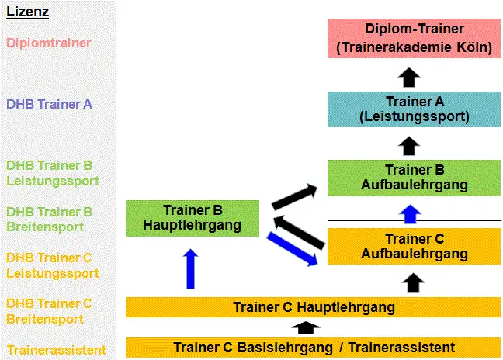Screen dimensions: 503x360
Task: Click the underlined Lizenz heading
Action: (28, 12)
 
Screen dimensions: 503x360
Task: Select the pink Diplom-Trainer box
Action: (414, 38)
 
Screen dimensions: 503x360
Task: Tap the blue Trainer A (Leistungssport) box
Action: (414, 109)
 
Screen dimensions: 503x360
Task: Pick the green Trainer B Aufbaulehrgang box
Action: (414, 178)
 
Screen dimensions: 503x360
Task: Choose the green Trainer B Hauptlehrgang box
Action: (193, 218)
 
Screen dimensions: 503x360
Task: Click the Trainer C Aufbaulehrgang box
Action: (414, 246)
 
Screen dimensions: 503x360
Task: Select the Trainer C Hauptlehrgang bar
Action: (313, 307)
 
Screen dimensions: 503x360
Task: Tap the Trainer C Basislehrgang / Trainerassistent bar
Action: (313, 348)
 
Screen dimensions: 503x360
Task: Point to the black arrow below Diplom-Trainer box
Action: (409, 77)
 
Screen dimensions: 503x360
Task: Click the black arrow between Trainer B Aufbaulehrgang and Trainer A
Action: (409, 146)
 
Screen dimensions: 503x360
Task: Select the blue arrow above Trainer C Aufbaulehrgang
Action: (410, 214)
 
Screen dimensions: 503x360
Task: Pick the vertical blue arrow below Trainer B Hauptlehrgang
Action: (190, 268)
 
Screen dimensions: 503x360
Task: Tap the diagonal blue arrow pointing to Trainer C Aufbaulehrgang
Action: (292, 249)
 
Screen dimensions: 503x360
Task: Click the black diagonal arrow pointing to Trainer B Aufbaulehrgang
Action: (294, 197)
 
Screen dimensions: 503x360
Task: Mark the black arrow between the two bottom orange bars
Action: (305, 327)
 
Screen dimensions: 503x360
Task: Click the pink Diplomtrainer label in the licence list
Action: (48, 43)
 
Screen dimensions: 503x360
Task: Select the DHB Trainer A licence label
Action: (49, 104)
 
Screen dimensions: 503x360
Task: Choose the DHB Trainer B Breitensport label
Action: (49, 220)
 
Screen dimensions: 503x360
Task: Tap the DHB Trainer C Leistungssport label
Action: (53, 265)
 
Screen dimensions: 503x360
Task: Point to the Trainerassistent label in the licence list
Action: (57, 350)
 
